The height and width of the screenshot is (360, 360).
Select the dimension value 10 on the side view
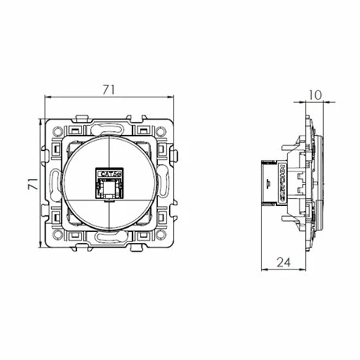(x=314, y=96)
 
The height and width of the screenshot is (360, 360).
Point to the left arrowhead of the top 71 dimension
(x=47, y=97)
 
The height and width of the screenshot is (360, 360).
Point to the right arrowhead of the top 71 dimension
(x=171, y=97)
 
